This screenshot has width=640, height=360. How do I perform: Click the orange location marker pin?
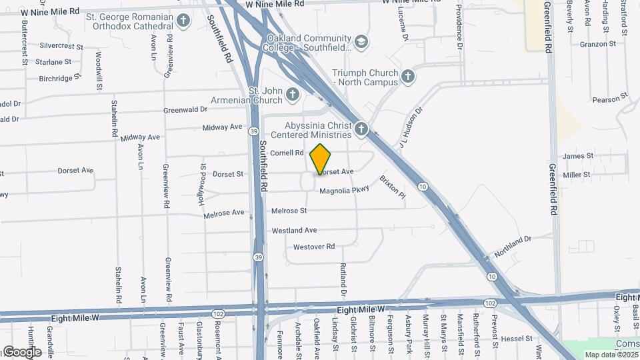tap(321, 159)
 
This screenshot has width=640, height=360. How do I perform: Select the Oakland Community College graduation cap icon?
tap(361, 43)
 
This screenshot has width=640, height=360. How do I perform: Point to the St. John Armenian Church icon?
tap(292, 95)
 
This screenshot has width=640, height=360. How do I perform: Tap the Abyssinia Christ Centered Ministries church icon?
tap(361, 129)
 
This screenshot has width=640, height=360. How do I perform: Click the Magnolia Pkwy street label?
tap(344, 191)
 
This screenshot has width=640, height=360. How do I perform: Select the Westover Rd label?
tap(313, 247)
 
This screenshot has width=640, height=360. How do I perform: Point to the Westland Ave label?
tap(294, 231)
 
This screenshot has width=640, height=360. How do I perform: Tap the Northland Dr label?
tap(513, 246)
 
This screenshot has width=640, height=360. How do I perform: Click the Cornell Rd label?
tap(287, 153)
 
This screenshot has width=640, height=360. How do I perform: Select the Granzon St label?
tap(598, 44)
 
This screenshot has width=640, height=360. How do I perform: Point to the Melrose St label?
tap(289, 211)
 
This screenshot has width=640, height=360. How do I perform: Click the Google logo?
tap(21, 352)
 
